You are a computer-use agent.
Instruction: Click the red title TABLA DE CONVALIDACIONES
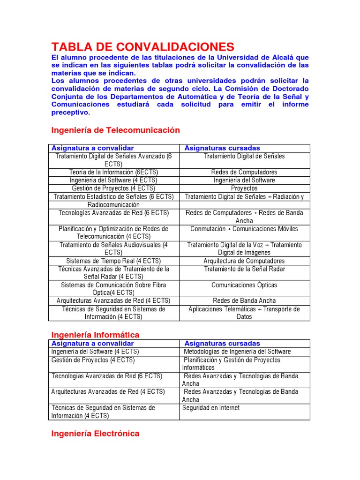[142, 46]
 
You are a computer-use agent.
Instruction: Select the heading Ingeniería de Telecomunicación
[115, 130]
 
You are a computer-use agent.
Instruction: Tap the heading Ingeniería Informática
[95, 335]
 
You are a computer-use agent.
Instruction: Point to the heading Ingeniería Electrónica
[95, 434]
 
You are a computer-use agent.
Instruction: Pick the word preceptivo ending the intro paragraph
[70, 112]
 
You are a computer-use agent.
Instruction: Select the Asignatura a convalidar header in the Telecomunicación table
[92, 148]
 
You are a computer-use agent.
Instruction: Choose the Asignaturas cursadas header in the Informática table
[222, 344]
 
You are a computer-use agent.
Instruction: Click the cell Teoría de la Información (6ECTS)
[113, 172]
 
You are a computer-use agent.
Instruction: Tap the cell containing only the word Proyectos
[244, 188]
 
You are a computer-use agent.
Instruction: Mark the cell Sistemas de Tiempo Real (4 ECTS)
[113, 261]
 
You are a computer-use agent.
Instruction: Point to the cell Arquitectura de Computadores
[244, 261]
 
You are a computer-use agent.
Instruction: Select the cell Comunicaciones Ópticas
[244, 285]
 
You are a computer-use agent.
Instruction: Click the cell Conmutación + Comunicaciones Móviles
[244, 229]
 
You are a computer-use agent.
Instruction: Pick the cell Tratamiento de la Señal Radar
[244, 269]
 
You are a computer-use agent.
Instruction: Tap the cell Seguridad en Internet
[211, 408]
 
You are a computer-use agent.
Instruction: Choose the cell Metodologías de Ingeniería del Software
[237, 352]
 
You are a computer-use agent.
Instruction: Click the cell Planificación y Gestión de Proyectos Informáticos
[232, 364]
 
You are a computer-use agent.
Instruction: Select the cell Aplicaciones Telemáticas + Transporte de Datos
[244, 313]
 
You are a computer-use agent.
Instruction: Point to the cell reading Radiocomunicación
[113, 205]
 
